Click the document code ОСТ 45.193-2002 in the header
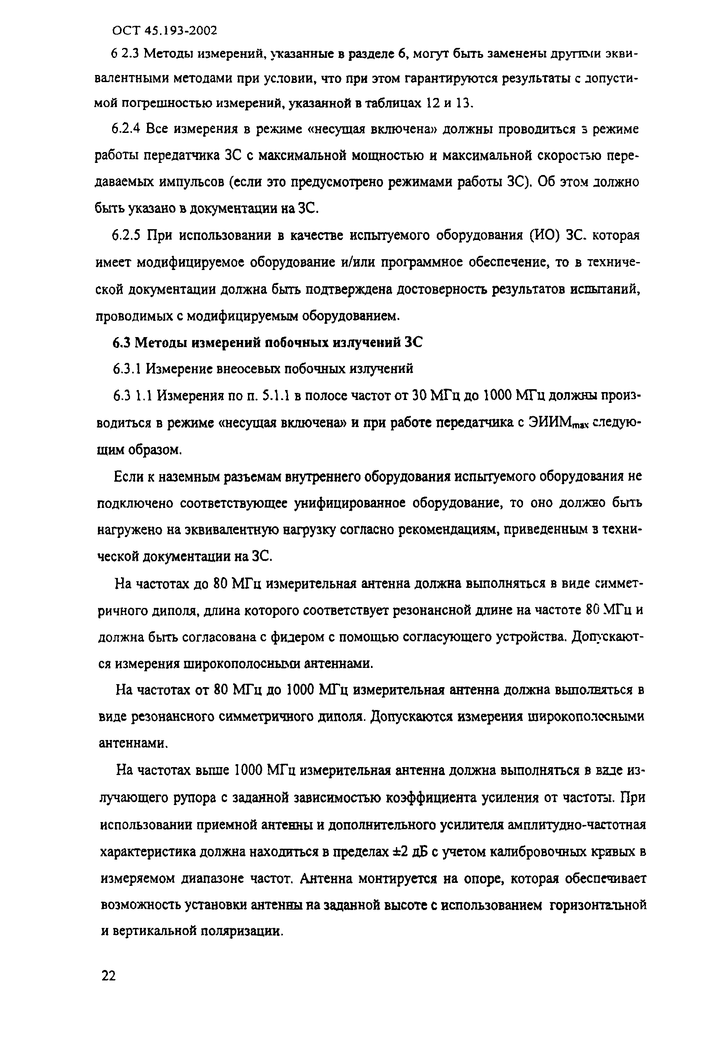click(x=165, y=30)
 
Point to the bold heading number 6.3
click(x=121, y=343)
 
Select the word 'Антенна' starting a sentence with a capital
click(x=325, y=879)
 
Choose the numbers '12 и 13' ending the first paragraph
click(x=449, y=103)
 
